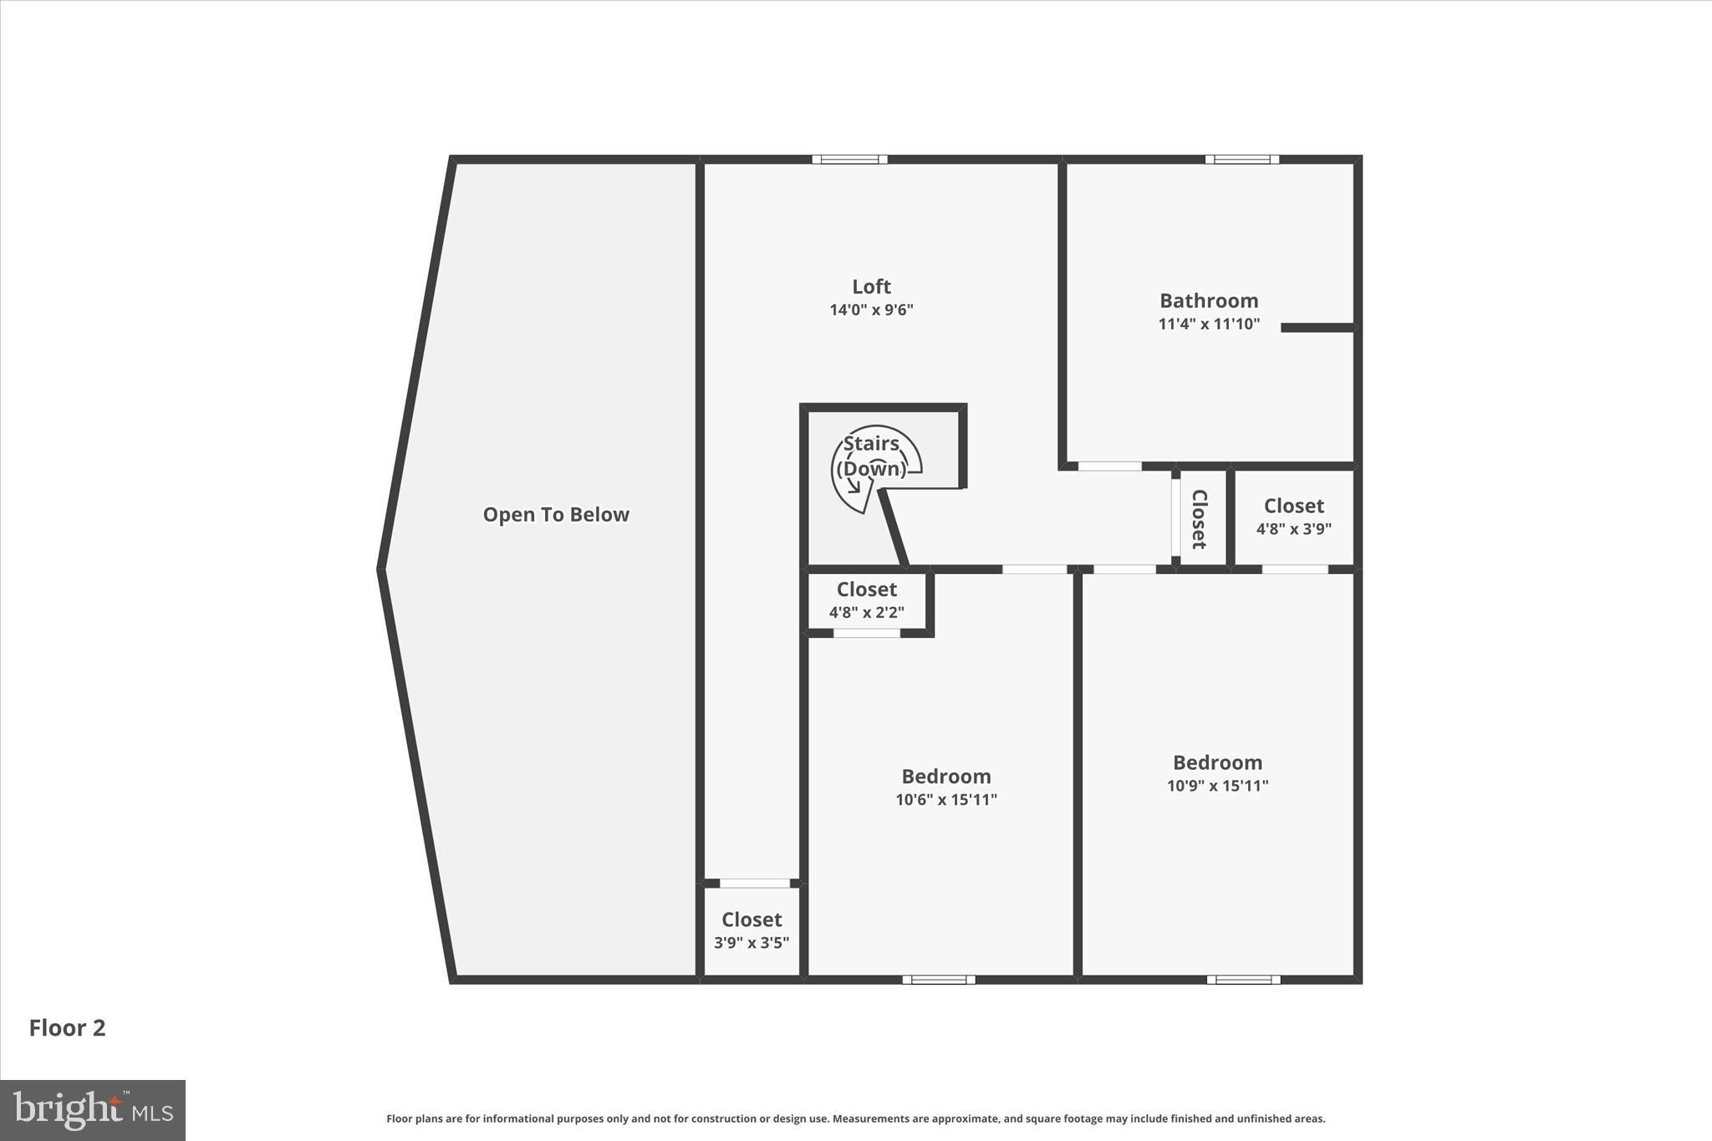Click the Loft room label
tap(871, 287)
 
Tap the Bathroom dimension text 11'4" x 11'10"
tap(1208, 324)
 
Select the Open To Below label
tap(556, 515)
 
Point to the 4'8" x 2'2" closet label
tap(866, 613)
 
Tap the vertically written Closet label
tap(1199, 519)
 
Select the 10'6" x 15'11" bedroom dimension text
tap(945, 800)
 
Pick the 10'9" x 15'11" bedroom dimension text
tap(1217, 786)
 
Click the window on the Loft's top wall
tap(849, 160)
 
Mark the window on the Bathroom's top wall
tap(1242, 160)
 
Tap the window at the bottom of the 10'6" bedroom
tap(939, 980)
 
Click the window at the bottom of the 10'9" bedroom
tap(1243, 980)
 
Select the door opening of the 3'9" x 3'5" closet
tap(754, 884)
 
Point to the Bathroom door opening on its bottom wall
tap(1109, 466)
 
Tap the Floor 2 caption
tap(68, 1028)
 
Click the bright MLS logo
tap(93, 1110)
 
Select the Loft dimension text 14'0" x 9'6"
tap(871, 310)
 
